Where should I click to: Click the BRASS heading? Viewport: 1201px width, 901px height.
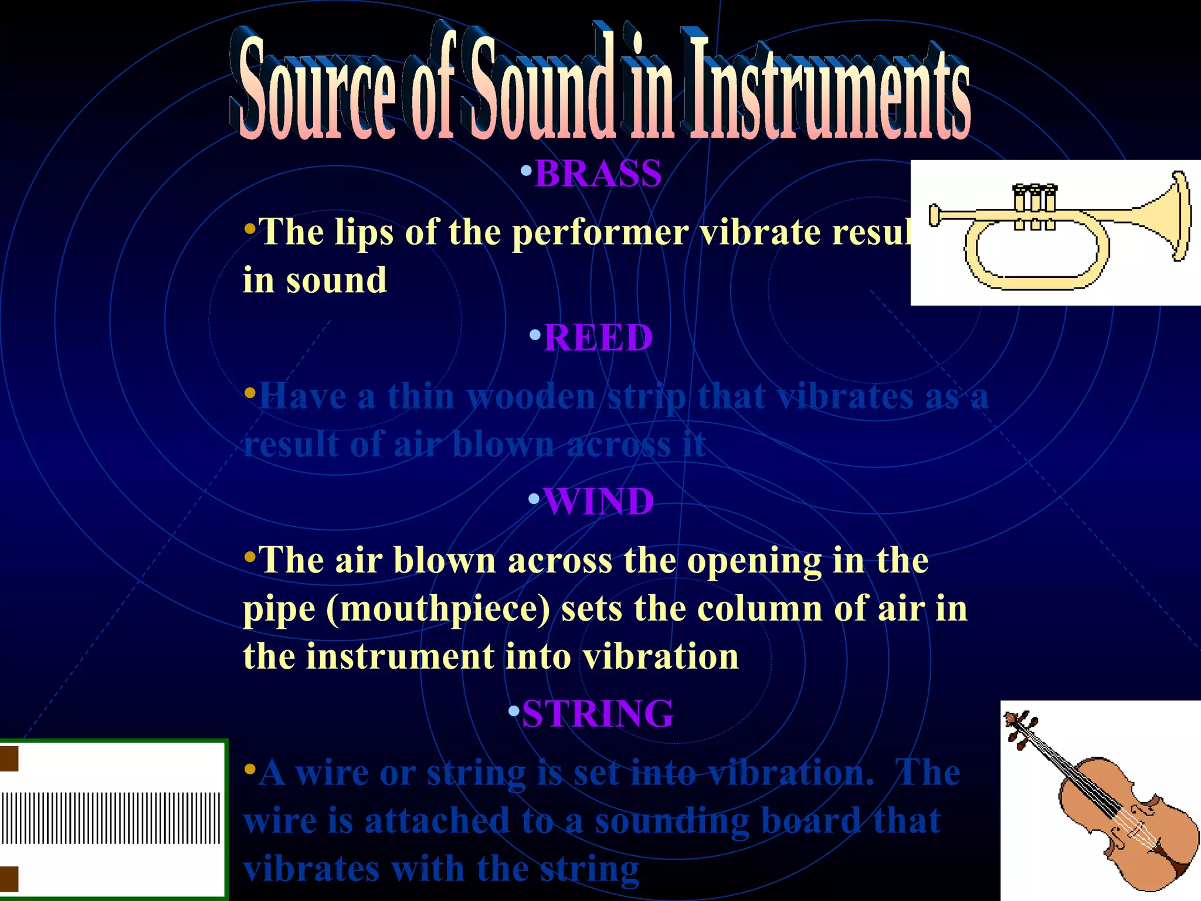598,174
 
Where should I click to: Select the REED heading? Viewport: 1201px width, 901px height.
598,338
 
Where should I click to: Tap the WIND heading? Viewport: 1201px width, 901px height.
599,502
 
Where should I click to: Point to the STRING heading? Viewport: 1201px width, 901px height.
598,714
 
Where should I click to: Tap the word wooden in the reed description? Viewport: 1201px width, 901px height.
531,397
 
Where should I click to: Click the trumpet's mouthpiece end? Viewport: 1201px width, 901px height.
935,215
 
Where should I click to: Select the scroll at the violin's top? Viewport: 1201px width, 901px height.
1017,727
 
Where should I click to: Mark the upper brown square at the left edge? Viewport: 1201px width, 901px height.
9,758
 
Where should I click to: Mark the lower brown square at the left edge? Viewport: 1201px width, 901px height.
9,879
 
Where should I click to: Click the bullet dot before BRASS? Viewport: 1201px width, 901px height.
526,171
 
